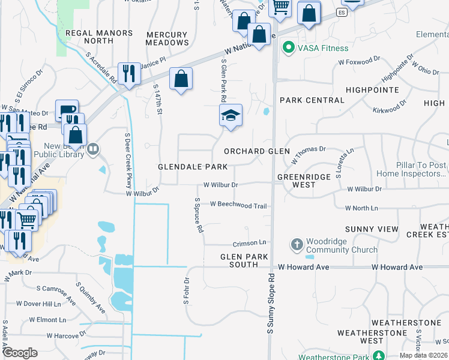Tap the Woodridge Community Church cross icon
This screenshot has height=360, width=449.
tap(297, 245)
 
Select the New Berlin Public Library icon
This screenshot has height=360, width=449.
tap(93, 149)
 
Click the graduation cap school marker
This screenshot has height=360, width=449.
tap(231, 115)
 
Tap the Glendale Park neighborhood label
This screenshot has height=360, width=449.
tap(193, 166)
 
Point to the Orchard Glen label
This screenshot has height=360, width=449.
tap(256, 151)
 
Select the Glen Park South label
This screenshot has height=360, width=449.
tap(239, 260)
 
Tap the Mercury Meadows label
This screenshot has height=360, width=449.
tap(167, 38)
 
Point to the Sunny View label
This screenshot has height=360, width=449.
tap(372, 229)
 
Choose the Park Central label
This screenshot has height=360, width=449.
tap(312, 100)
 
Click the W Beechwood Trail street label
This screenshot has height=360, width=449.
tap(238, 205)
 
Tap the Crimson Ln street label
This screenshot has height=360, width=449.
tap(249, 244)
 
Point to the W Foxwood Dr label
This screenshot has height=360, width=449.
tap(359, 61)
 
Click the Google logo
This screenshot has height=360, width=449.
tap(20, 353)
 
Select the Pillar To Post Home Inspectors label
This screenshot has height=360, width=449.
tap(411, 169)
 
